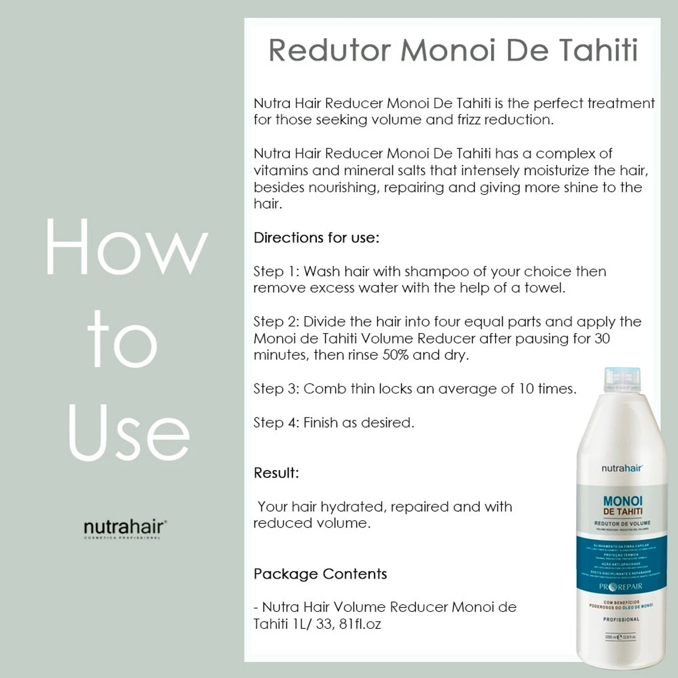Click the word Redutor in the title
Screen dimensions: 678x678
(x=329, y=50)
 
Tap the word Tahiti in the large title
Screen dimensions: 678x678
(x=598, y=50)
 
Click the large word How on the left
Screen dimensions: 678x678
(x=126, y=247)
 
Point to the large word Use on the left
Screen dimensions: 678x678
(x=129, y=433)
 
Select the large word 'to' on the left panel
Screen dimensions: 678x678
(x=122, y=341)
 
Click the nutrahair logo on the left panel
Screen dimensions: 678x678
(x=125, y=528)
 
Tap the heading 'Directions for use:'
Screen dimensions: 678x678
(x=316, y=238)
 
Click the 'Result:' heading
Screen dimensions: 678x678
(x=276, y=473)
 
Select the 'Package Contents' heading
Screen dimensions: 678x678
(x=320, y=574)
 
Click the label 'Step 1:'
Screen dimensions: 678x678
(x=276, y=272)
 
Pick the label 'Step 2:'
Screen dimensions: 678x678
(x=276, y=322)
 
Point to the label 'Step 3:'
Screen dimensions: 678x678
(x=276, y=389)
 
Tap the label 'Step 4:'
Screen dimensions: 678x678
(x=276, y=423)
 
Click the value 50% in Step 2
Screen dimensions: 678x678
(x=395, y=355)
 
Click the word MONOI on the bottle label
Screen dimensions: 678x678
(x=622, y=501)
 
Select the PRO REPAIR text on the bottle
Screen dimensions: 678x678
(x=620, y=586)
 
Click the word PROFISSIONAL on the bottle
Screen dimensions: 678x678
(x=621, y=619)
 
